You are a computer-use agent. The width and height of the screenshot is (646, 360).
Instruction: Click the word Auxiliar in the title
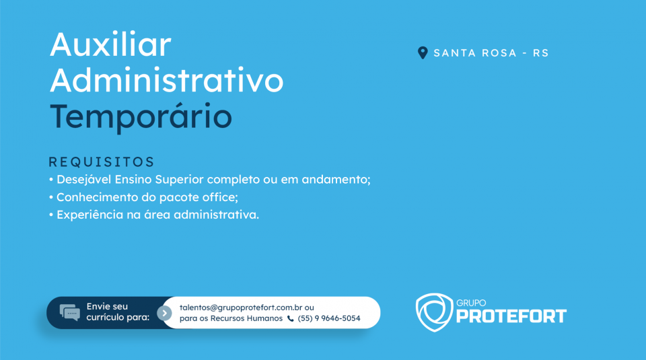110,44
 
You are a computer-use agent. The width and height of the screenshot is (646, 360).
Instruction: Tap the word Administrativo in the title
166,80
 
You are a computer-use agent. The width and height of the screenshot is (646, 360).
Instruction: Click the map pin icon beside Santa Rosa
423,52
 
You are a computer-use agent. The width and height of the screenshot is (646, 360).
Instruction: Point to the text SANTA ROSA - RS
491,53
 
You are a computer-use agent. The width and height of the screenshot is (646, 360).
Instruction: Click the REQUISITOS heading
102,162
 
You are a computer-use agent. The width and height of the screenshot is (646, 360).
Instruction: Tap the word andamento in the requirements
336,180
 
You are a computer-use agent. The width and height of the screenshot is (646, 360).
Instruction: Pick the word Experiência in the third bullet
89,215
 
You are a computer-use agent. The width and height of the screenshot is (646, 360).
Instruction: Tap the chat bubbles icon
69,313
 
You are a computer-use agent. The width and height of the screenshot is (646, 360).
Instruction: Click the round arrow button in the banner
164,313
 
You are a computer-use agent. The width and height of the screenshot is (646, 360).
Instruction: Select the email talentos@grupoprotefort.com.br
241,308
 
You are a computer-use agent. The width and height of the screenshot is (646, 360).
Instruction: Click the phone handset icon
291,318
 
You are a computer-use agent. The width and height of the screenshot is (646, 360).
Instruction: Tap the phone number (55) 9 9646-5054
329,318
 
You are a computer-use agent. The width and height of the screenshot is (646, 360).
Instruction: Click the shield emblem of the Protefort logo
434,312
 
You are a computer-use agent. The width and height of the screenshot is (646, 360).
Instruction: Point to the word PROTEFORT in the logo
511,316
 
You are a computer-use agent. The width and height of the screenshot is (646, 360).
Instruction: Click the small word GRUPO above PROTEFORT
471,303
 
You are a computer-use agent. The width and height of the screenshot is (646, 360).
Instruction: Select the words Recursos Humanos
246,318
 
